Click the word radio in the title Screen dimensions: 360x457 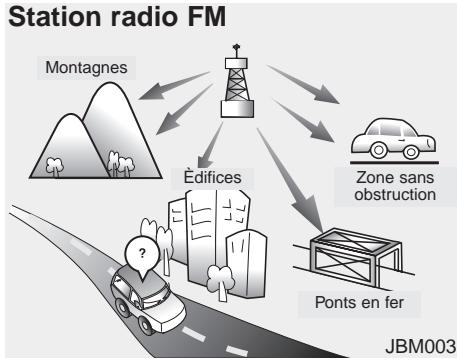click(167, 19)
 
